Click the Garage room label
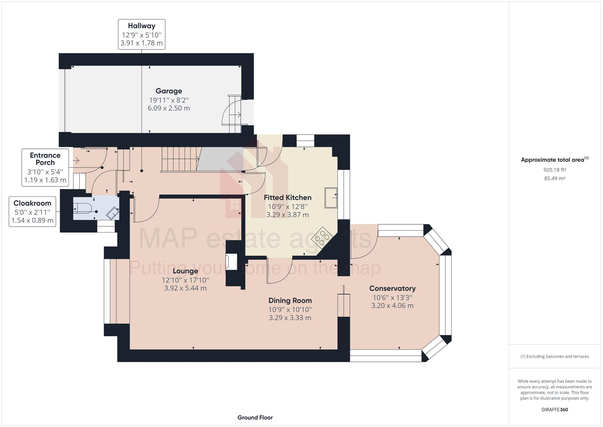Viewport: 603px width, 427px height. [169, 91]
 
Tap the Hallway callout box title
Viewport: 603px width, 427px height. [141, 26]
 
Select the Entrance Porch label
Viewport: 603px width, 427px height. [45, 159]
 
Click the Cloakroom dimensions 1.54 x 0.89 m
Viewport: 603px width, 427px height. [32, 220]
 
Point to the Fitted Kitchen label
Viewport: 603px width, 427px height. [288, 197]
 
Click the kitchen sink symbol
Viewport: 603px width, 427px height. [331, 198]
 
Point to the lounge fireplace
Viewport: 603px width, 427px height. [231, 262]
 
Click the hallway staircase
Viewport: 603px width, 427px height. [180, 159]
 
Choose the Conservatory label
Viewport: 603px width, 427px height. [392, 288]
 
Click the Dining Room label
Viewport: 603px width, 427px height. [290, 301]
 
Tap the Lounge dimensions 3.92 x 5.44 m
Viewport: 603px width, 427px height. [185, 288]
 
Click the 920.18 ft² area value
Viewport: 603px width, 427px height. [555, 170]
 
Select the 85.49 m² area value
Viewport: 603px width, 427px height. [555, 178]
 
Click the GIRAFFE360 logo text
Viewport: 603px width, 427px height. [555, 409]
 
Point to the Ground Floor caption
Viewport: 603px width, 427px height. [255, 417]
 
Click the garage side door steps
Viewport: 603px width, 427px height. [234, 115]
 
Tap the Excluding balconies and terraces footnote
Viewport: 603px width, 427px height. [555, 357]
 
